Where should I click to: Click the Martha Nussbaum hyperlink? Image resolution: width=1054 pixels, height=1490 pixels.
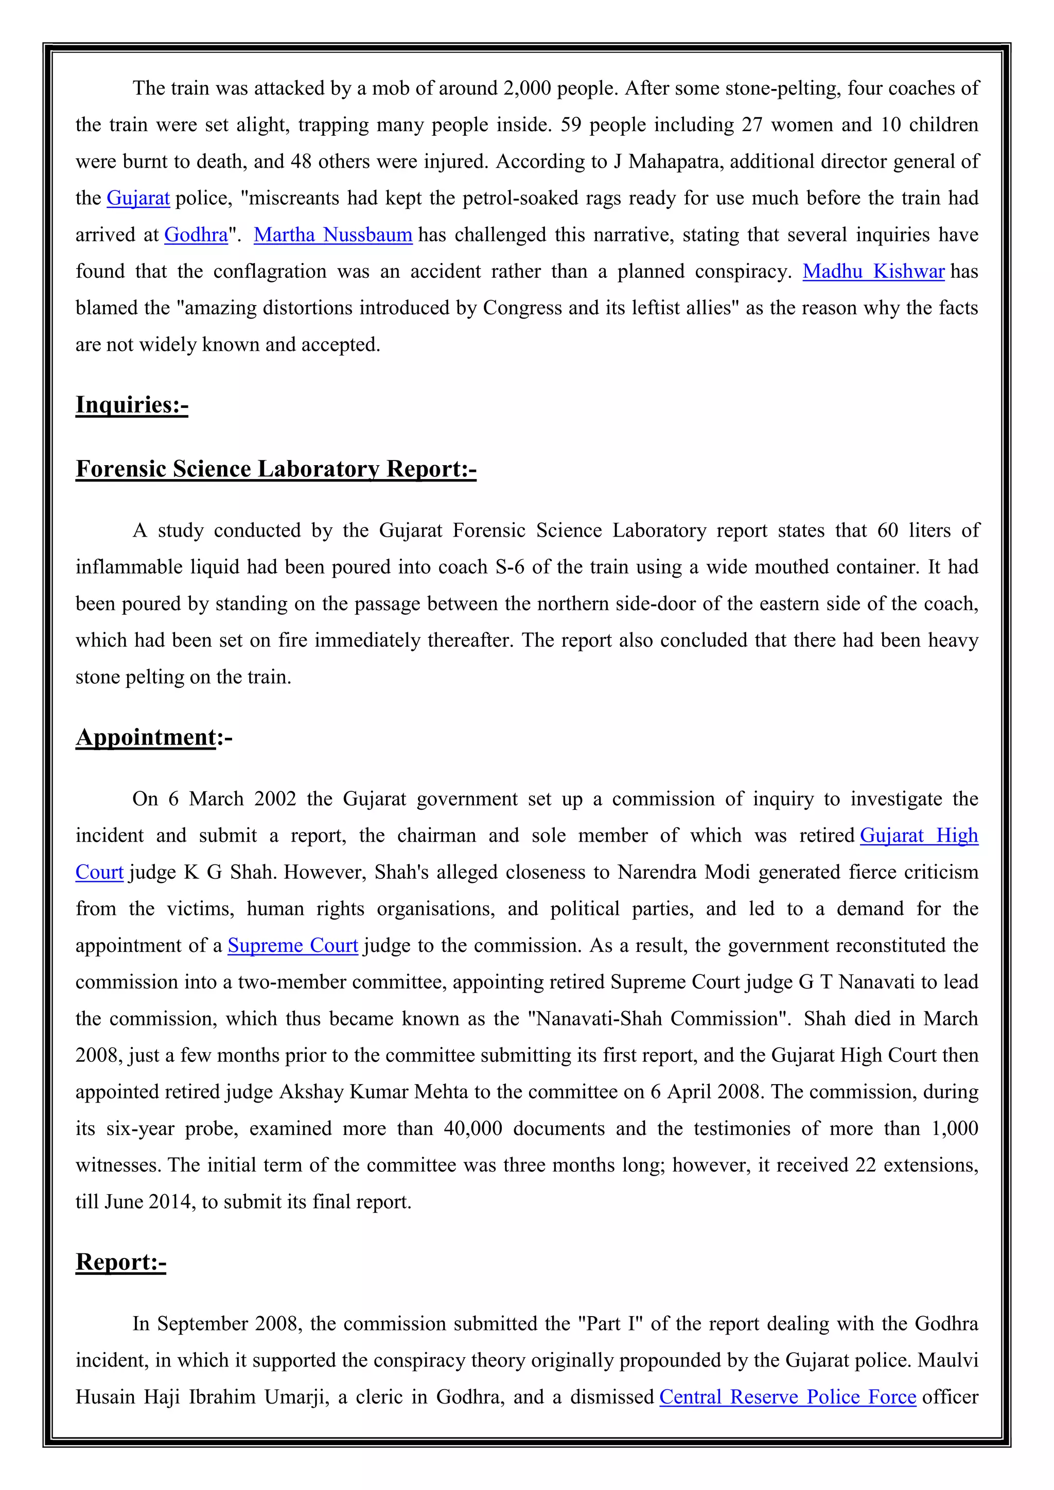(x=333, y=235)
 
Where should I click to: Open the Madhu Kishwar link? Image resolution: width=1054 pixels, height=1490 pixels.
(x=873, y=271)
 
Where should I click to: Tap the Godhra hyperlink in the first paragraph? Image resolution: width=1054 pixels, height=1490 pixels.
(x=196, y=235)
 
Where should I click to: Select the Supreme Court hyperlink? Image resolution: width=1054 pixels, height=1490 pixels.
(x=293, y=946)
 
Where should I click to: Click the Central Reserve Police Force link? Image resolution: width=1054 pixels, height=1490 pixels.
(x=787, y=1396)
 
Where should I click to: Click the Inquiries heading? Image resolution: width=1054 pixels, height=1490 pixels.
(x=132, y=404)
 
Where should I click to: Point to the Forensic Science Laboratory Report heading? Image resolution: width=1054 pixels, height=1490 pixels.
(x=276, y=469)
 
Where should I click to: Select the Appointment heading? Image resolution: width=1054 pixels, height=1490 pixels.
(x=147, y=737)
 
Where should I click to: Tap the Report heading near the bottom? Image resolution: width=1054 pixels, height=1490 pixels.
(x=121, y=1262)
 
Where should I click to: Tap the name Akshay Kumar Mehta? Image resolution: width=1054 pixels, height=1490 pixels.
(x=373, y=1092)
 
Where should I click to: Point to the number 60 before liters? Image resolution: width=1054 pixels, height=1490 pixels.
(x=887, y=531)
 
